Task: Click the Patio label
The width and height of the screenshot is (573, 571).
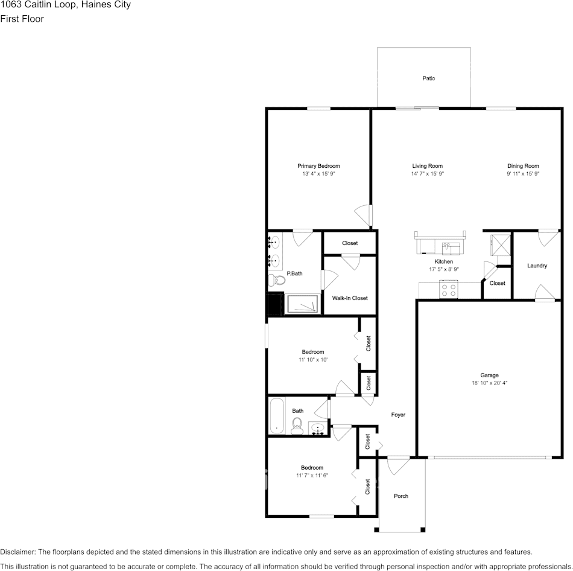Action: (x=428, y=78)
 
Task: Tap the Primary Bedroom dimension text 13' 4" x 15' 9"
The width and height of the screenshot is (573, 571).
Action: (x=318, y=174)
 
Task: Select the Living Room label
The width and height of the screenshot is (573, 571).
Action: (x=427, y=166)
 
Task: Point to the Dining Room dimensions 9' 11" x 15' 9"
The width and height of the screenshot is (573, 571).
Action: (x=522, y=174)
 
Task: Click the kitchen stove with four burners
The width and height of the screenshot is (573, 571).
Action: (x=449, y=290)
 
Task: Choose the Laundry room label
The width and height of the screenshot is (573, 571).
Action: (x=537, y=266)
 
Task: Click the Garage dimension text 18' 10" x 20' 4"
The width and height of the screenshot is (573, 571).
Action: (x=489, y=383)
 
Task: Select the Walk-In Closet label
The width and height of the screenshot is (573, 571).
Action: (x=350, y=298)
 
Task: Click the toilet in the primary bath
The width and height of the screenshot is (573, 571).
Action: (x=276, y=280)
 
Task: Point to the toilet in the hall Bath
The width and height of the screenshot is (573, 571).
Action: (x=296, y=427)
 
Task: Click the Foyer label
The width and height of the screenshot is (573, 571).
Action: (x=398, y=415)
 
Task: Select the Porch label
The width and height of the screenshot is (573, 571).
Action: (x=401, y=496)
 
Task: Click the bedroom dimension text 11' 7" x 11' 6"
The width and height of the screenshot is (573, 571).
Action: (x=312, y=476)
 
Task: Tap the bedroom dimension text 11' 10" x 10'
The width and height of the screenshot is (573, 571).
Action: (x=312, y=360)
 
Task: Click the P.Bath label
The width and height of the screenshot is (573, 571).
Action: (x=294, y=273)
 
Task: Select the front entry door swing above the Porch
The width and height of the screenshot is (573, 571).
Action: (x=397, y=465)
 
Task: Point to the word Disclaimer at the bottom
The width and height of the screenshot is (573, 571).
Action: (x=17, y=552)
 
